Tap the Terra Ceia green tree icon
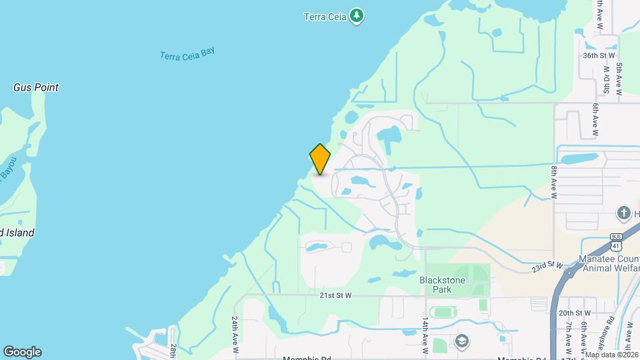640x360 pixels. click(357, 16)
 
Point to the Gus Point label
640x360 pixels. click(36, 87)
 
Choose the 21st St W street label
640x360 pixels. click(335, 295)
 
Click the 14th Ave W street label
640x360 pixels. click(425, 335)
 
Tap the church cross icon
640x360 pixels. click(624, 213)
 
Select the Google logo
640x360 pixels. click(21, 352)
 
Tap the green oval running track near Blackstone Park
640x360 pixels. click(441, 312)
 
